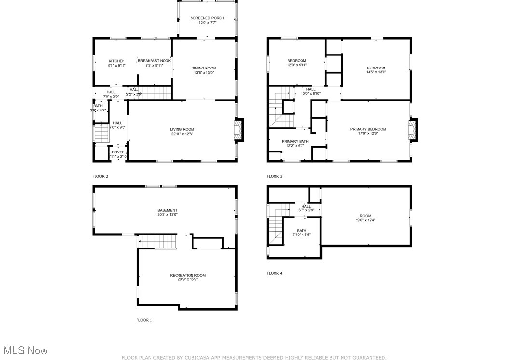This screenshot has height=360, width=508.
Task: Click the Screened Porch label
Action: coord(207,18)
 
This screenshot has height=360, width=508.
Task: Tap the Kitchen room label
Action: coord(116,61)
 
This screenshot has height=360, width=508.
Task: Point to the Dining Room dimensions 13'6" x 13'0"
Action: coord(204,73)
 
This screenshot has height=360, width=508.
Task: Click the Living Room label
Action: coord(182,129)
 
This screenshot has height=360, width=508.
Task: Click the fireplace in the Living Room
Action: coord(239,130)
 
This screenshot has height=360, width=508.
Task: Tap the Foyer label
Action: coord(118,152)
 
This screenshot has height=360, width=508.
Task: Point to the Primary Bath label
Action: coord(295,142)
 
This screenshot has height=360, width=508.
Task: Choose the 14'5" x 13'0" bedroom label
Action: coord(376,68)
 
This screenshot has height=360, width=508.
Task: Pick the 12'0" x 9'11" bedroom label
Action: coord(297,61)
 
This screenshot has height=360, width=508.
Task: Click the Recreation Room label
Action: coord(188,275)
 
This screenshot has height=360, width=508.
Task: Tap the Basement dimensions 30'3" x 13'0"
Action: coord(167,215)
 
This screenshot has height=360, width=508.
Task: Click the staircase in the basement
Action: coord(157,240)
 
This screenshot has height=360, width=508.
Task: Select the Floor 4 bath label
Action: coord(302,231)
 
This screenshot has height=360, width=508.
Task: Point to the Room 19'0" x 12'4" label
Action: coord(365,216)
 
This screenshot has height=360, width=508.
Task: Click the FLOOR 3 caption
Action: coord(275,176)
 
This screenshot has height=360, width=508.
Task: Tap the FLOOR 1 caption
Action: coord(144,320)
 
